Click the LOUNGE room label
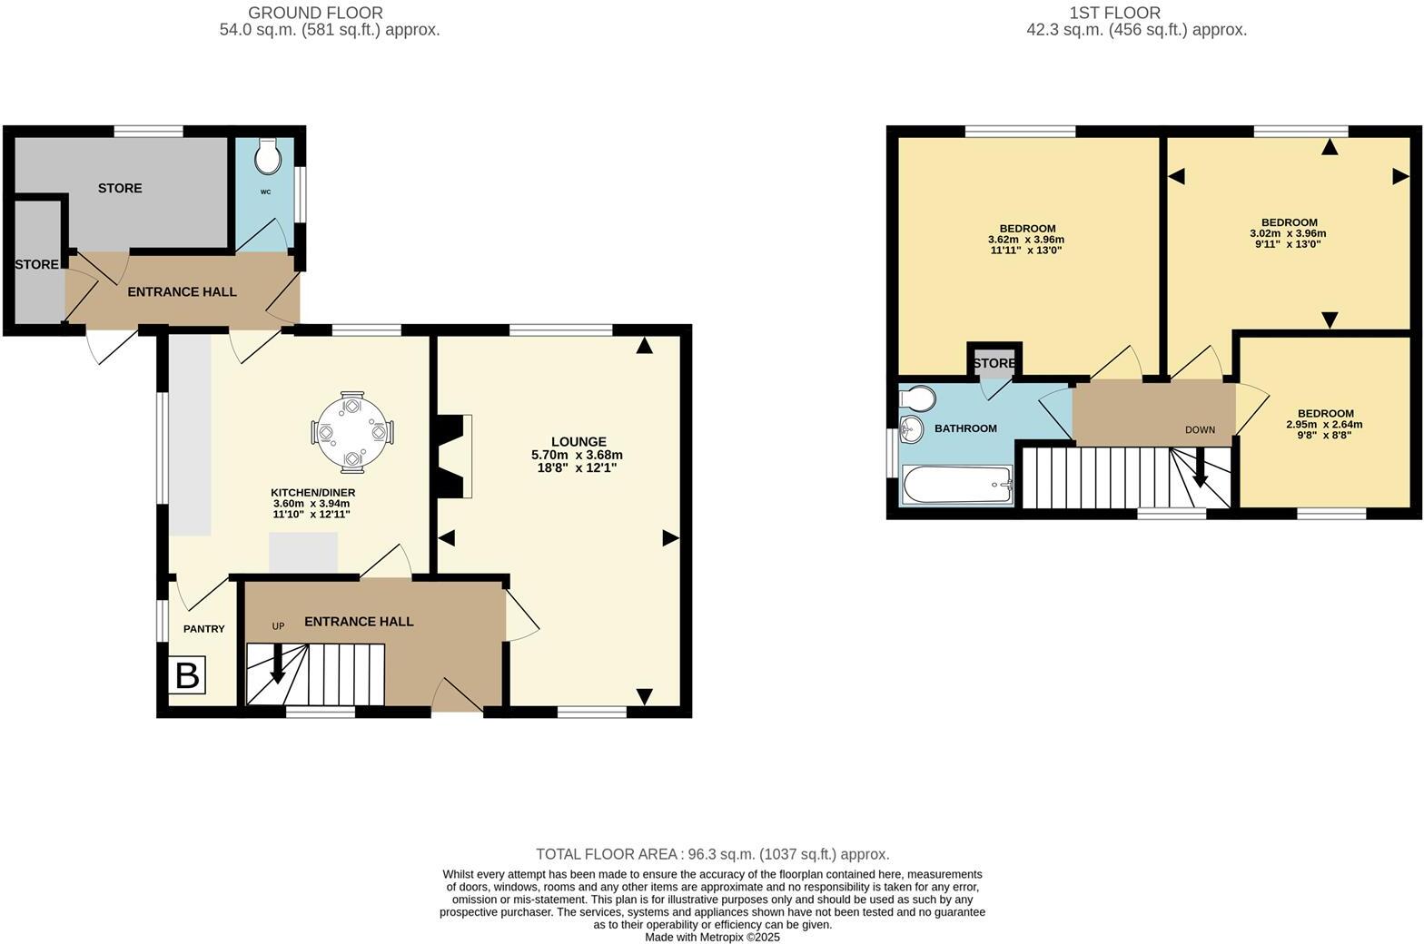click(578, 442)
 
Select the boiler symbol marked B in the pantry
click(187, 676)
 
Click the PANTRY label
click(203, 629)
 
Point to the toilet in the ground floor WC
click(268, 157)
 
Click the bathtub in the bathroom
click(956, 485)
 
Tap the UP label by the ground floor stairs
click(279, 626)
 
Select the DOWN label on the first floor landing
click(1200, 430)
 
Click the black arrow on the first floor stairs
click(1199, 471)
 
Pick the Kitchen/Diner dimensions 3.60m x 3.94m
click(311, 504)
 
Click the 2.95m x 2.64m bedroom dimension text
click(1324, 424)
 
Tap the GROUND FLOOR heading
click(315, 13)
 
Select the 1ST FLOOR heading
click(1114, 13)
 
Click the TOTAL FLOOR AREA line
click(712, 854)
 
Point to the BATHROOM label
click(965, 428)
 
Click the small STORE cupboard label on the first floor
click(994, 363)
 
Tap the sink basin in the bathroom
click(911, 429)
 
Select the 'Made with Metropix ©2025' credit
click(712, 937)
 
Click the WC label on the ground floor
click(265, 192)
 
